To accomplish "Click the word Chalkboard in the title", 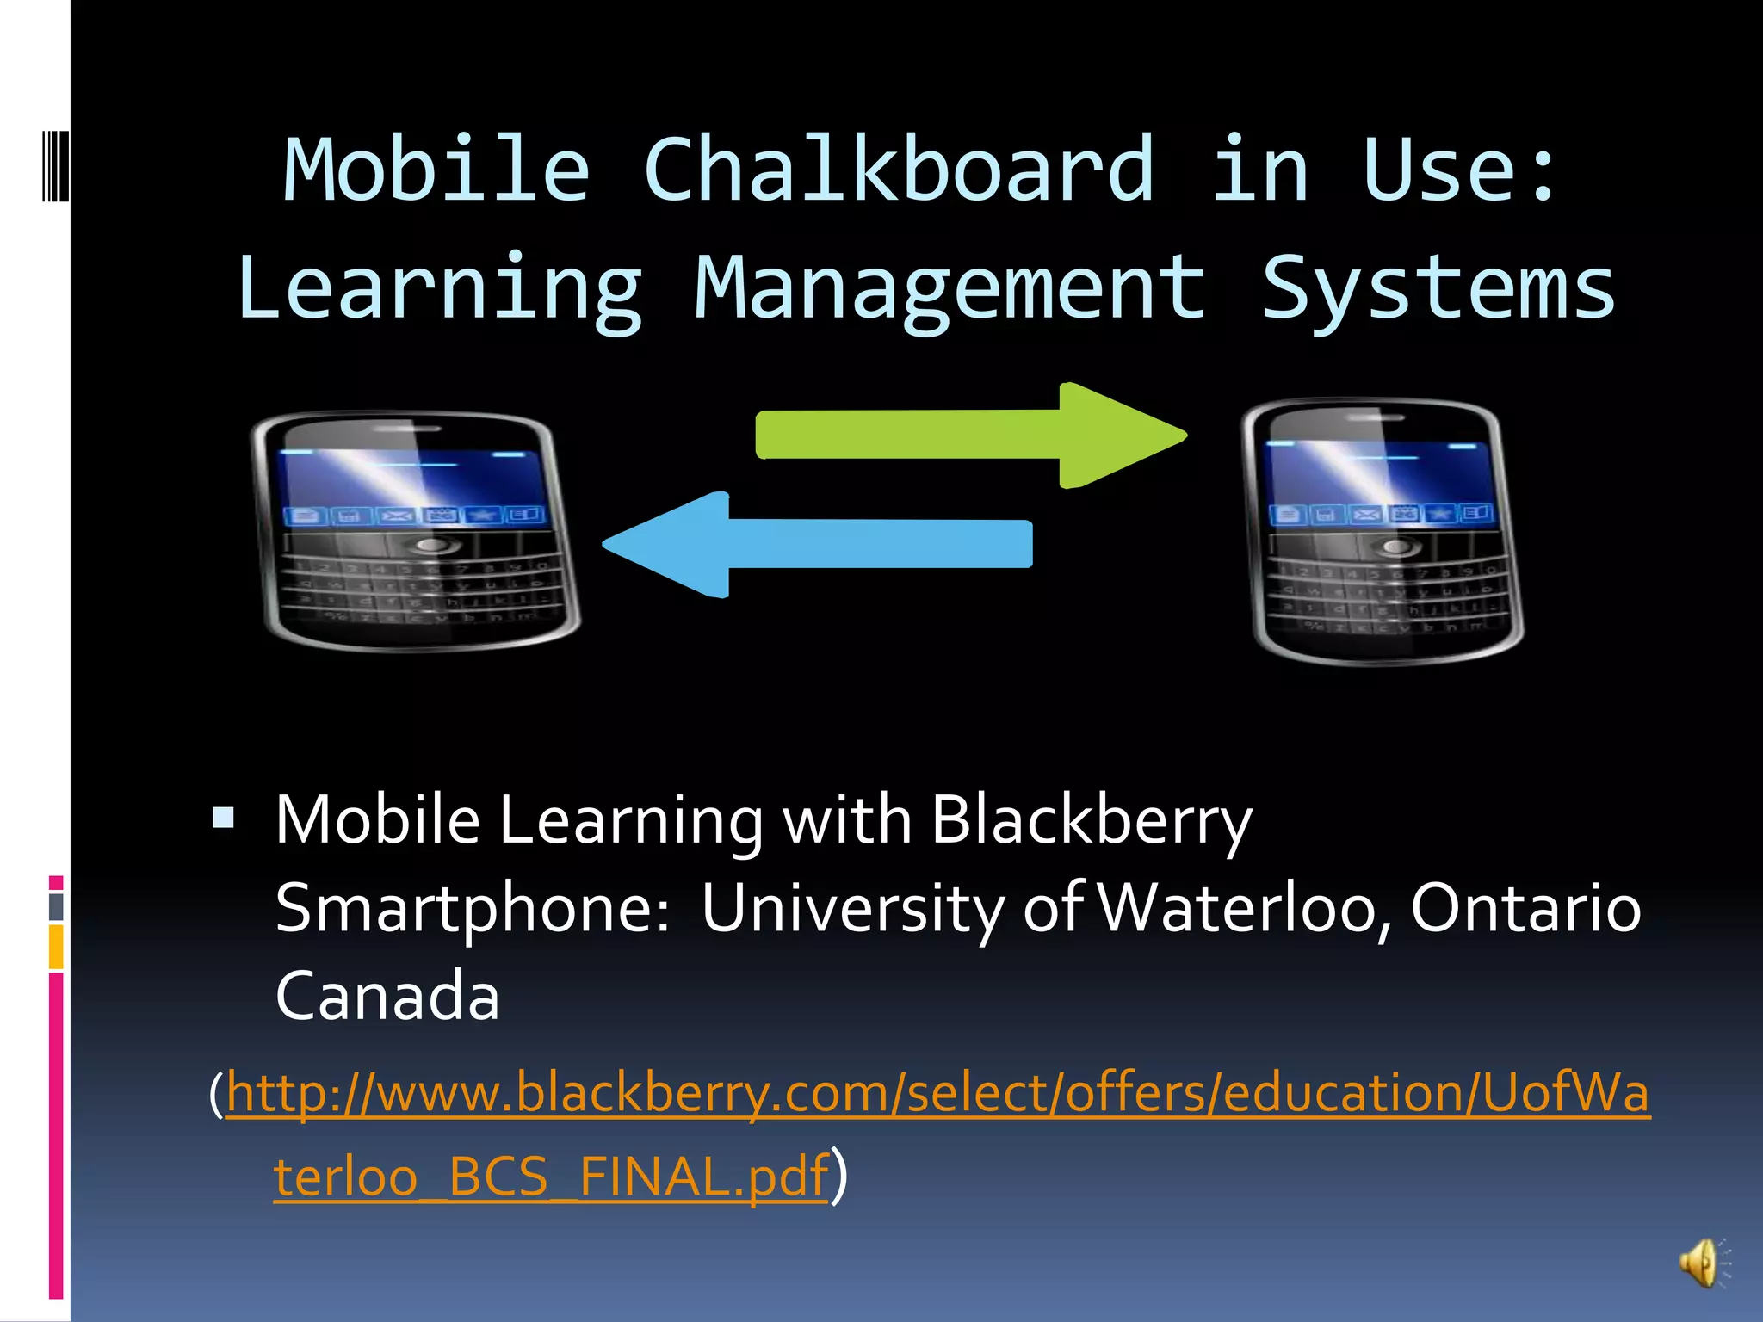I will tap(899, 170).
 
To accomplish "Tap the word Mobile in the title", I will tap(436, 170).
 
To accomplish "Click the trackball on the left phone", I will tap(430, 546).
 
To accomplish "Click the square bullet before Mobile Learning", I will tap(224, 817).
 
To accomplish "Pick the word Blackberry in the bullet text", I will tap(1091, 820).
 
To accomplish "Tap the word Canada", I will tap(387, 996).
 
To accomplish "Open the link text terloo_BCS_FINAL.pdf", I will tap(551, 1177).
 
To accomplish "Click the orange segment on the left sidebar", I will tap(56, 947).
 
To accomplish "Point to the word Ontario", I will tap(1525, 908).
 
